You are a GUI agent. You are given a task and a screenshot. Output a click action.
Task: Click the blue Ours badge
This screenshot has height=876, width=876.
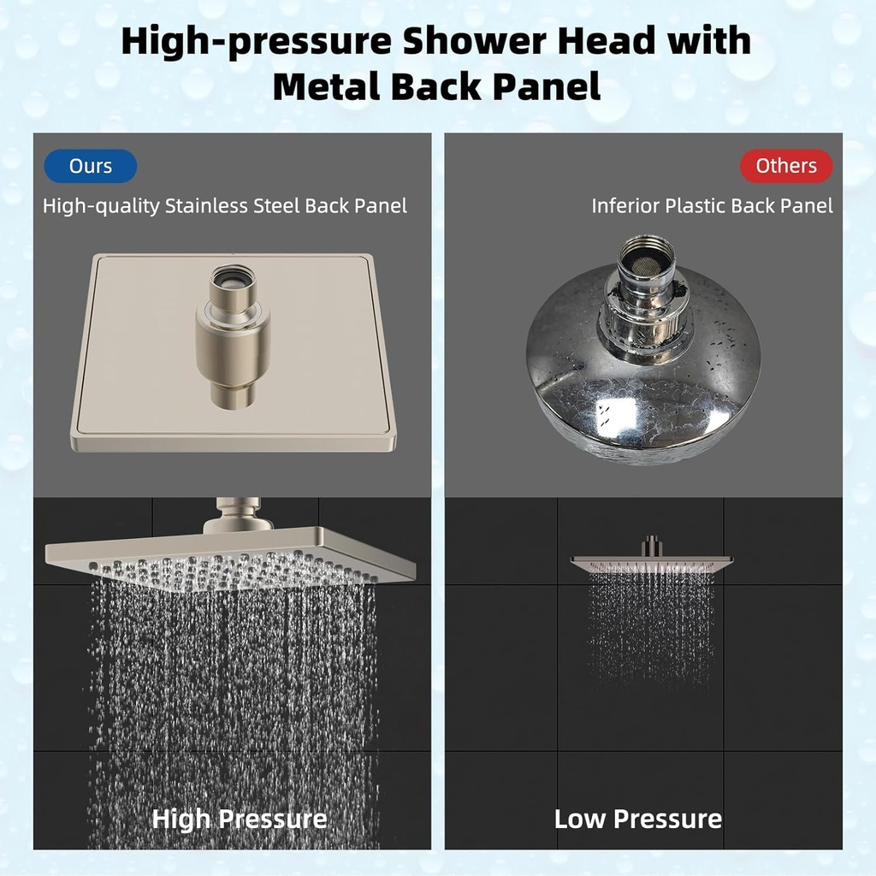[91, 166]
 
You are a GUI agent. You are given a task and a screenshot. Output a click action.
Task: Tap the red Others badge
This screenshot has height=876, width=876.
[785, 166]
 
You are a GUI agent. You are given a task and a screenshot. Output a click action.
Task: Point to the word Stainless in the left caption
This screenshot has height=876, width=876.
[209, 206]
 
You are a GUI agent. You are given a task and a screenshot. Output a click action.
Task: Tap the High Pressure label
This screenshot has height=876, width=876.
[240, 819]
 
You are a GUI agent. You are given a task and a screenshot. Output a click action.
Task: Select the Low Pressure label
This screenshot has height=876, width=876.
[638, 819]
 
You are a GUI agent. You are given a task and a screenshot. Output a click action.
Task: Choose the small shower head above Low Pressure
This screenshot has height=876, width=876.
[652, 560]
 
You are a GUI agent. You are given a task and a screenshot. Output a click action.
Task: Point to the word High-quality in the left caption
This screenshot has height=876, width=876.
[101, 206]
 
